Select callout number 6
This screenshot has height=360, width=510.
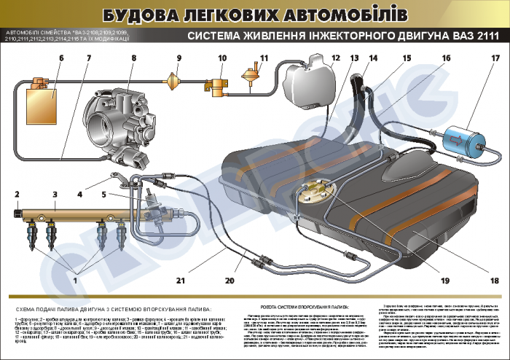(60, 58)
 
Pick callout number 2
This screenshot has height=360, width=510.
(15, 194)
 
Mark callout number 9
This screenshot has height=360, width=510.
(178, 58)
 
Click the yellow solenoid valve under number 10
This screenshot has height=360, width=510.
(216, 85)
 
